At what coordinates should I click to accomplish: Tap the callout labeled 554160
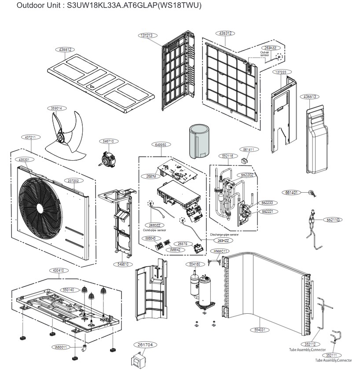coord(194,264)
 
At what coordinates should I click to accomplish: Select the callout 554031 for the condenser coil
coord(262,329)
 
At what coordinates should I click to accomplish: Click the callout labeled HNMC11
coord(220,251)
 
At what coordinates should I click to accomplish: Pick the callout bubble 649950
coord(161,144)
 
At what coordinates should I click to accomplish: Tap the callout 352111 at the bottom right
coord(334,355)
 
